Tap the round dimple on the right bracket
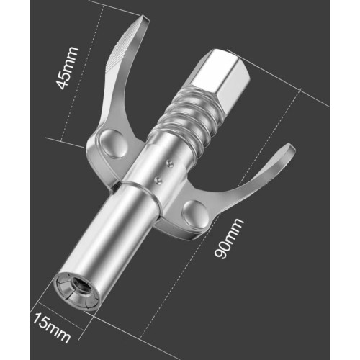pos(193,210)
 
